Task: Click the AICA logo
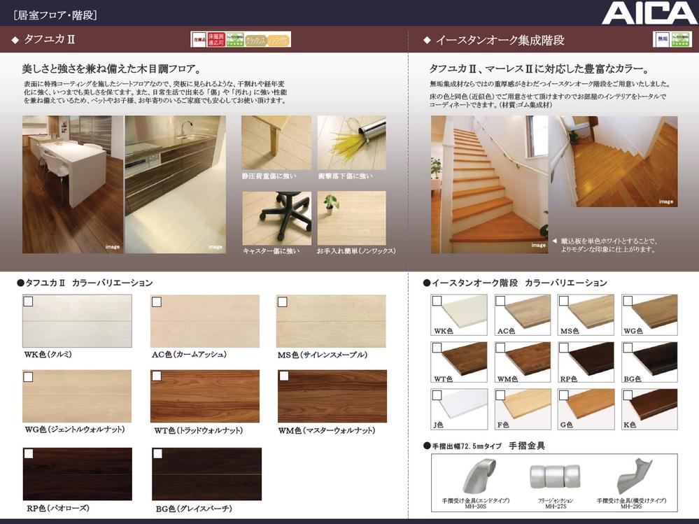[649, 13]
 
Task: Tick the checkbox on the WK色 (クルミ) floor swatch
[29, 302]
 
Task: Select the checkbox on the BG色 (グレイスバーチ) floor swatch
[157, 454]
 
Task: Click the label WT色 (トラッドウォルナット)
[198, 431]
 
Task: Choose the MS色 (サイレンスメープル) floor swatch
[331, 321]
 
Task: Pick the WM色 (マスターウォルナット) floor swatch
[332, 396]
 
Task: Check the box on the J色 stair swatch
[437, 395]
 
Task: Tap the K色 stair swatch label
[631, 425]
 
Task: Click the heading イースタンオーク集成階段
[500, 41]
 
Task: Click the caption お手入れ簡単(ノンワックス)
[355, 250]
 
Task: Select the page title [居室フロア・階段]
[55, 14]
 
